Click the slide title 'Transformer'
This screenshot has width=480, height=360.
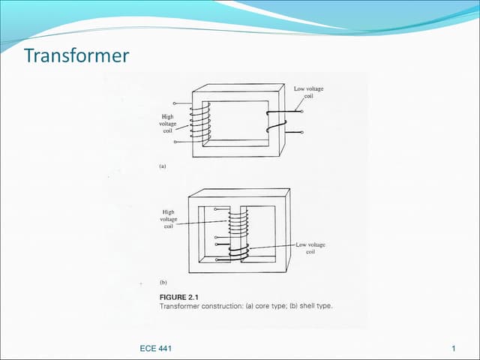pyautogui.click(x=76, y=56)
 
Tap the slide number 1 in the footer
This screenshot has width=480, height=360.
pyautogui.click(x=454, y=349)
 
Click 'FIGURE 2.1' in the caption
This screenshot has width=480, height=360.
pyautogui.click(x=178, y=297)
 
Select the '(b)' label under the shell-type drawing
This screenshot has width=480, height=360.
pyautogui.click(x=163, y=283)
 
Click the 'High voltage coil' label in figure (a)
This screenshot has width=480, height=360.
pyautogui.click(x=167, y=123)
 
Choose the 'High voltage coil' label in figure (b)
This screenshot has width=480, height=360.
pyautogui.click(x=168, y=219)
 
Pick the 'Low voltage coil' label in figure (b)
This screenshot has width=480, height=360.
pyautogui.click(x=310, y=248)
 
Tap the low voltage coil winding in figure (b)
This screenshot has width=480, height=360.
pyautogui.click(x=240, y=252)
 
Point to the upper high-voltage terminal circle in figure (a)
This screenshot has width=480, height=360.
pyautogui.click(x=174, y=103)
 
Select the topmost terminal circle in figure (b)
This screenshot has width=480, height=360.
pyautogui.click(x=216, y=210)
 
